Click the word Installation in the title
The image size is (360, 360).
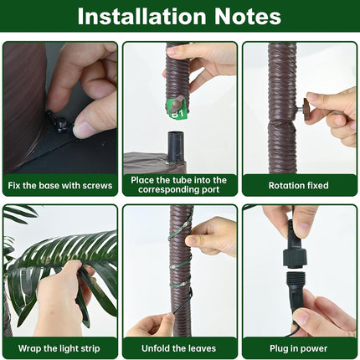pyautogui.click(x=141, y=17)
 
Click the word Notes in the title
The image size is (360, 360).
pyautogui.click(x=248, y=17)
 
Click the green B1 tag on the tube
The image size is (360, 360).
pyautogui.click(x=177, y=110)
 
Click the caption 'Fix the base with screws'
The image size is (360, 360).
pyautogui.click(x=60, y=185)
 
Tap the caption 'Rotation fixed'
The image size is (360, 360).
pyautogui.click(x=298, y=185)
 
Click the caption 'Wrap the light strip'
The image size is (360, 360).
pyautogui.click(x=59, y=348)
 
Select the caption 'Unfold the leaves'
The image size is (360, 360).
pyautogui.click(x=178, y=348)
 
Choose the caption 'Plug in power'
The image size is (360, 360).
pyautogui.click(x=298, y=348)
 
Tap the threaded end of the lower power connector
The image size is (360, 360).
pyautogui.click(x=296, y=280)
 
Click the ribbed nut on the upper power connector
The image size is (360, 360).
pyautogui.click(x=296, y=258)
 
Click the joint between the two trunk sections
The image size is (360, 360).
pyautogui.click(x=282, y=122)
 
